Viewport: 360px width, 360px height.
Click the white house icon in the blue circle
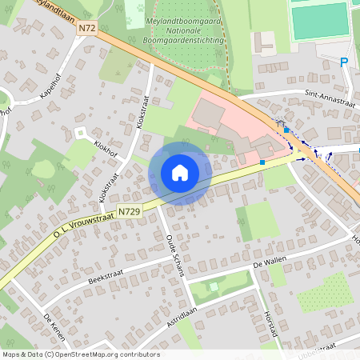pyautogui.click(x=180, y=173)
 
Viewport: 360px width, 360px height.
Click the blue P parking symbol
pyautogui.click(x=344, y=62)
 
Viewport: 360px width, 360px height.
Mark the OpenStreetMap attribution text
pyautogui.click(x=80, y=354)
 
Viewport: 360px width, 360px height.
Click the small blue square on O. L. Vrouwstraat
pyautogui.click(x=262, y=162)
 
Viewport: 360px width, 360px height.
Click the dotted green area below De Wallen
pyautogui.click(x=326, y=292)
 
